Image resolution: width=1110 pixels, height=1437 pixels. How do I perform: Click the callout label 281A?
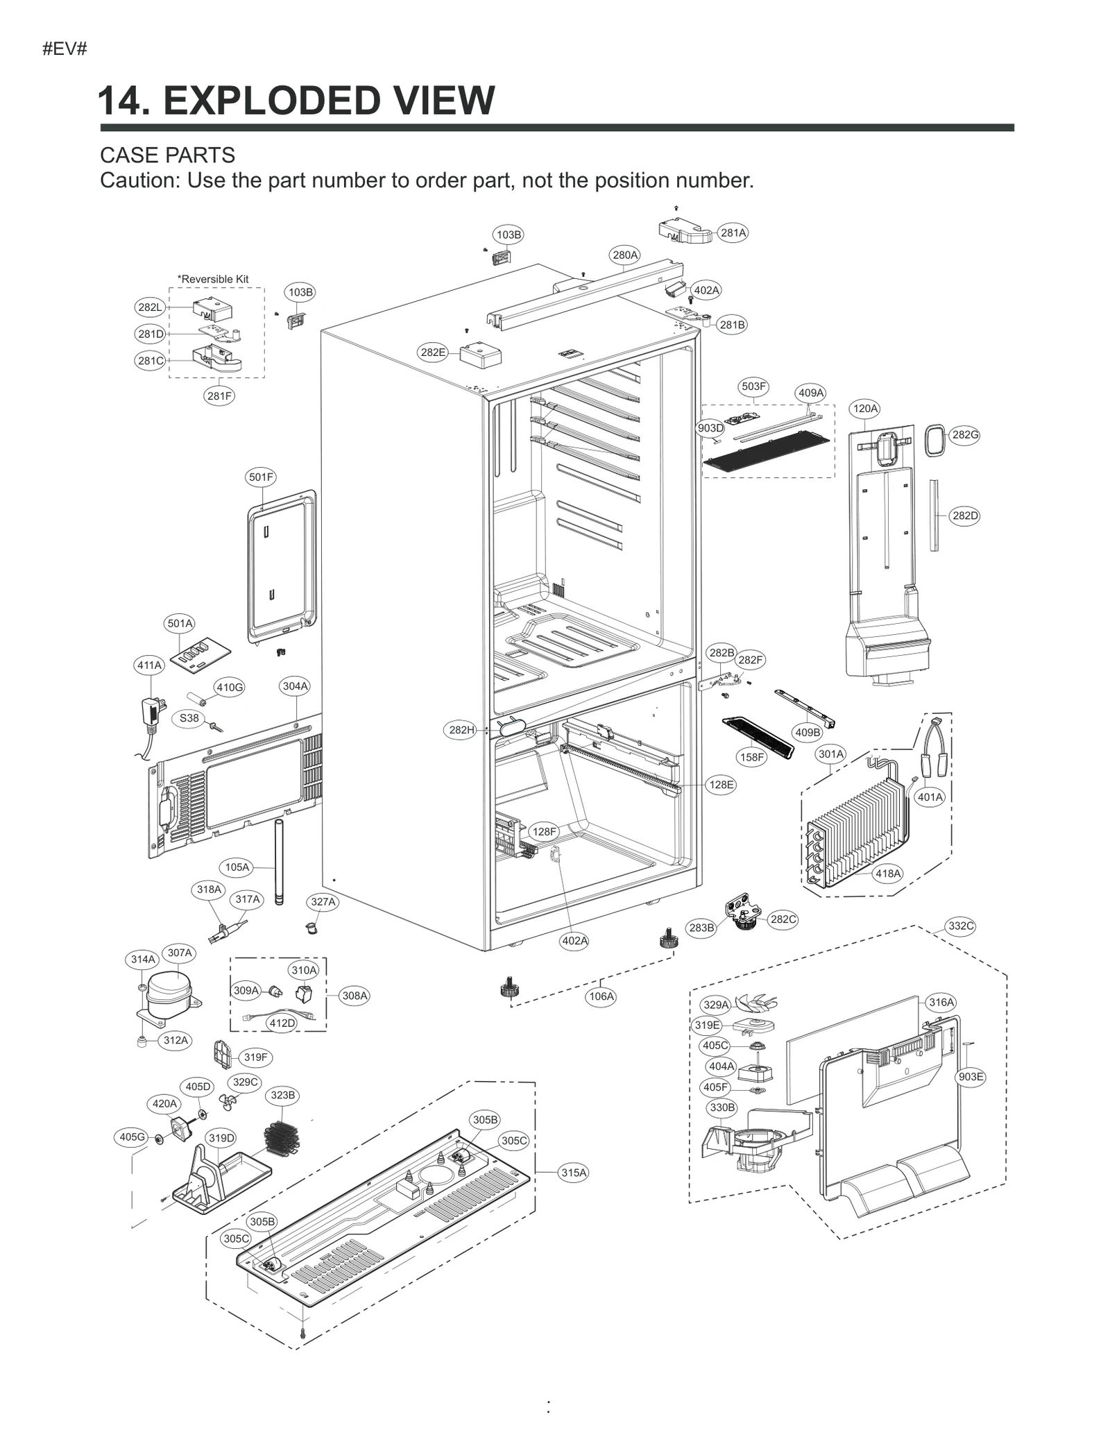point(733,233)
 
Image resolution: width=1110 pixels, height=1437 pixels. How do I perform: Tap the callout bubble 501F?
point(262,477)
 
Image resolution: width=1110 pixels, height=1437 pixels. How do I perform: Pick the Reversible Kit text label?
point(213,279)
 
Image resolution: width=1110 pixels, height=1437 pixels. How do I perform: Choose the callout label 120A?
point(865,409)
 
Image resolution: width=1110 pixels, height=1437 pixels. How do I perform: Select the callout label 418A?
point(888,874)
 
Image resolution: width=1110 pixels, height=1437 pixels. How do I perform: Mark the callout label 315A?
point(574,1173)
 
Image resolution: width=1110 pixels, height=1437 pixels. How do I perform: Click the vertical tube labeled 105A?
point(278,861)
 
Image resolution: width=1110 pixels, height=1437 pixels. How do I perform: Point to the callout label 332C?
point(961,926)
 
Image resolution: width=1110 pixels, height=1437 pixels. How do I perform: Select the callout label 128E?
point(721,785)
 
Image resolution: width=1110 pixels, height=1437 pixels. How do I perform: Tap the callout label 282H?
point(461,729)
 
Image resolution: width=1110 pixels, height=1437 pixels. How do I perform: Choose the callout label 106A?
point(601,997)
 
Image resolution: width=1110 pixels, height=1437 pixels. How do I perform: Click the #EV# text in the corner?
point(65,49)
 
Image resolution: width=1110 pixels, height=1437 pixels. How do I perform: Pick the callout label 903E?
point(971,1077)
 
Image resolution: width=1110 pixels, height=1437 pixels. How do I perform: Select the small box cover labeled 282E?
point(481,357)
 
